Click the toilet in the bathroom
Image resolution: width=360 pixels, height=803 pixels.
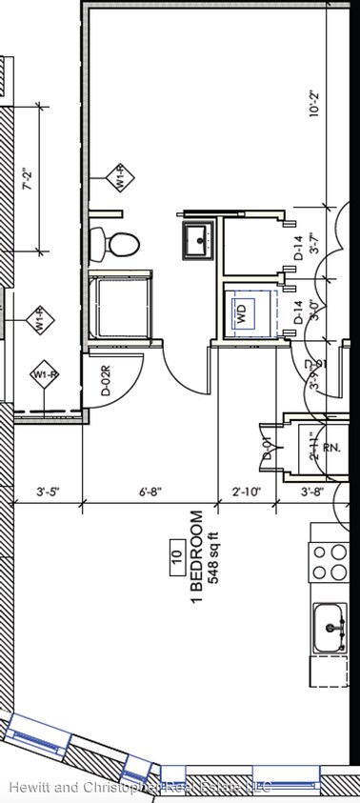113,245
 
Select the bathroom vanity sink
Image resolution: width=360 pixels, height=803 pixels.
200,239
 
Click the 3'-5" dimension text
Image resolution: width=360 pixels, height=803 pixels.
47,492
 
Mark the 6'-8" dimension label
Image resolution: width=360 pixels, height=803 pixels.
150,492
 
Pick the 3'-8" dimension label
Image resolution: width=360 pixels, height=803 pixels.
312,492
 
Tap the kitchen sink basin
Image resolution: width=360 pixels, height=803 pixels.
331,627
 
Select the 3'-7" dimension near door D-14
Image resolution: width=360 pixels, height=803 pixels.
315,247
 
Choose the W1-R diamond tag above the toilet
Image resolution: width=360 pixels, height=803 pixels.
122,177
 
